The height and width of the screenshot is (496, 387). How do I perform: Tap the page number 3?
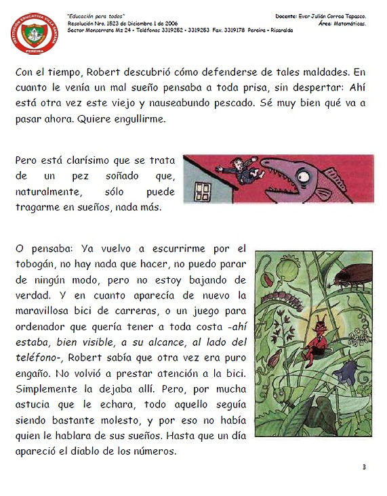363,466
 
